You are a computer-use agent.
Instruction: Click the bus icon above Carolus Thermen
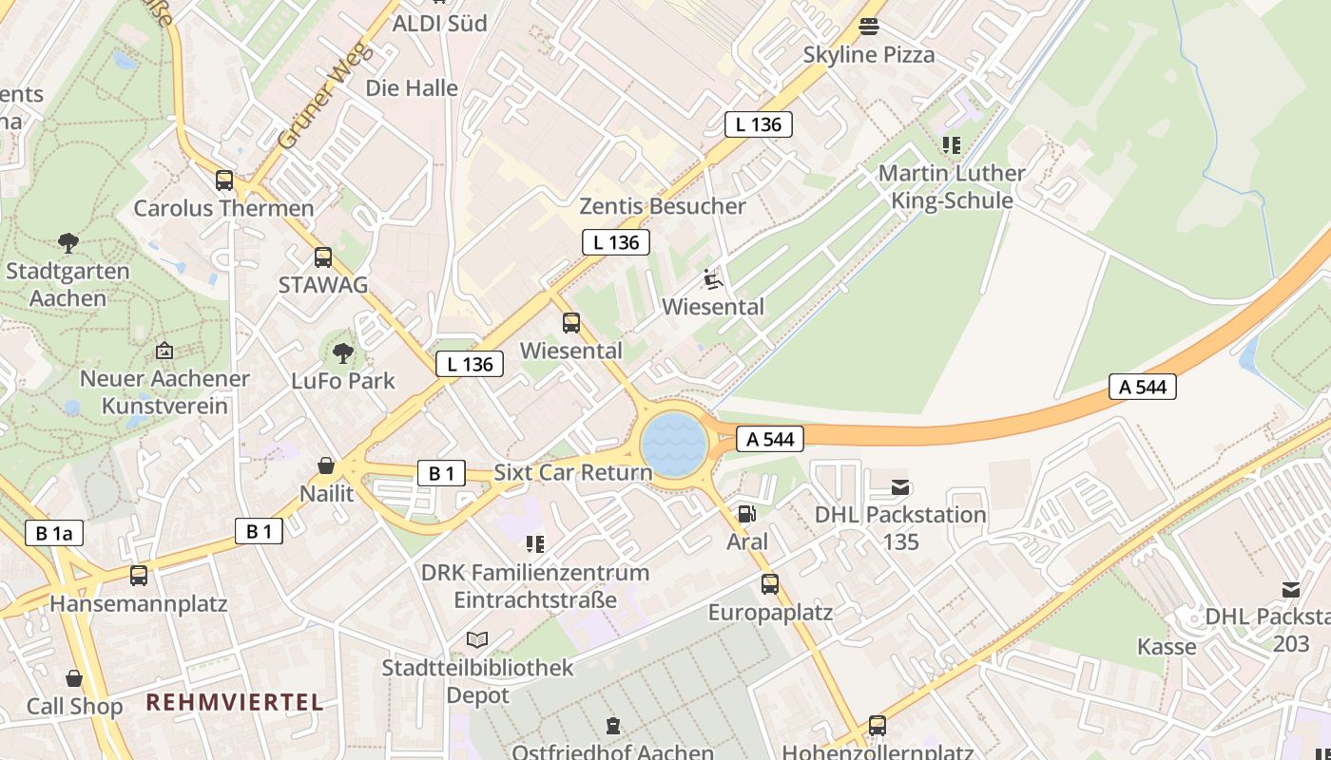tap(224, 180)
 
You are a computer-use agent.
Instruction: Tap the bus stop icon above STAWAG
tap(323, 257)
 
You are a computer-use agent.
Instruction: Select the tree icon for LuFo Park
tap(343, 354)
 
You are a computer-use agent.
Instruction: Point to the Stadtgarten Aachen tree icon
tap(68, 243)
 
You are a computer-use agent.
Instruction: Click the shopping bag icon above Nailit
tap(326, 465)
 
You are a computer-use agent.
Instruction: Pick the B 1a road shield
tap(54, 533)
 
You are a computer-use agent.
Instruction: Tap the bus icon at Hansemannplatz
tap(139, 575)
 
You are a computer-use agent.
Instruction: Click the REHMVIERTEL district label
tap(235, 703)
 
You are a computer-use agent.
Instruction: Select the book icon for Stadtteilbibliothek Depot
tap(477, 640)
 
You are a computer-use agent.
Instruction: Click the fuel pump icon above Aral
tap(747, 514)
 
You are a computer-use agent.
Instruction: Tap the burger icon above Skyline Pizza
tap(868, 27)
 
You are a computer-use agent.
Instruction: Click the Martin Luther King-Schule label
tap(952, 187)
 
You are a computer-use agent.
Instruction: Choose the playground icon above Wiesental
tap(712, 279)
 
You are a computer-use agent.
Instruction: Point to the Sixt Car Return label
tap(573, 473)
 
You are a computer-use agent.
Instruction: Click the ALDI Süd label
tap(439, 24)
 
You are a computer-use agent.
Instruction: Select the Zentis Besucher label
tap(663, 206)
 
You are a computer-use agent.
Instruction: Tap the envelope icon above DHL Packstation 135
tap(900, 487)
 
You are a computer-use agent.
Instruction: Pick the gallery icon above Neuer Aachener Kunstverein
tap(164, 351)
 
